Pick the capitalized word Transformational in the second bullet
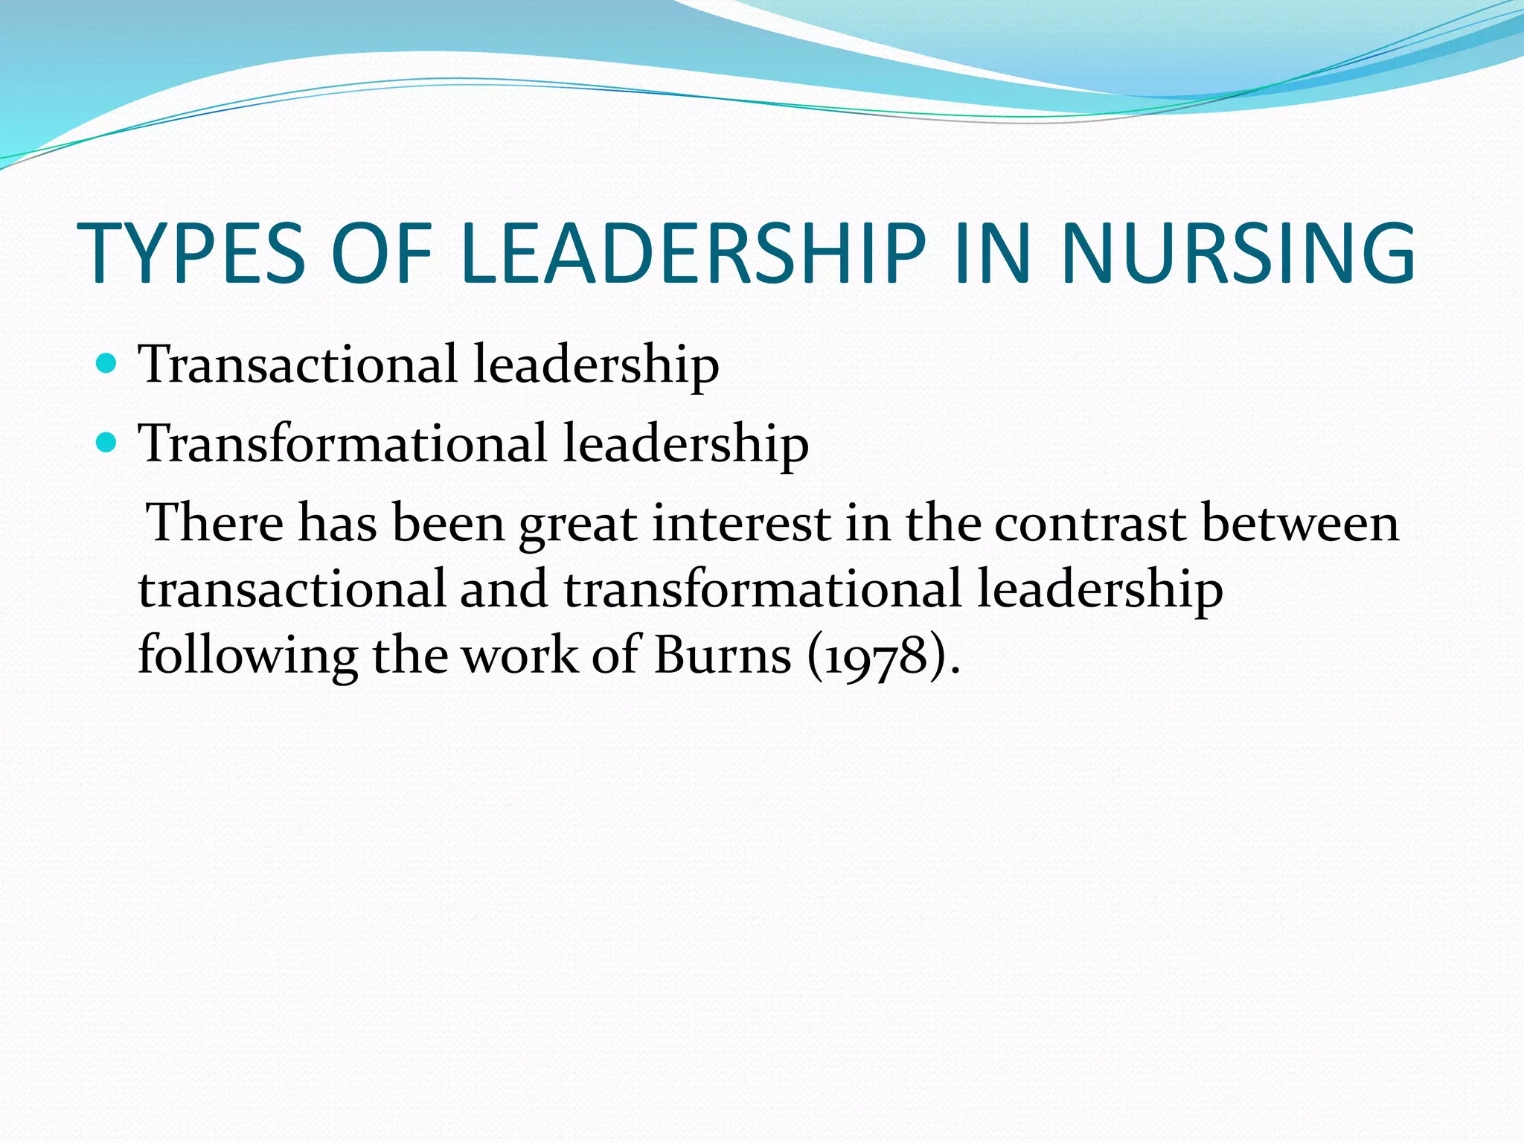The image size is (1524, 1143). [343, 444]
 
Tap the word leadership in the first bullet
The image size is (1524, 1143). [596, 365]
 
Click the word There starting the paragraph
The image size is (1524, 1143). [216, 523]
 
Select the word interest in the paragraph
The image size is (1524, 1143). [741, 523]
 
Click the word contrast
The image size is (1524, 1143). [1090, 523]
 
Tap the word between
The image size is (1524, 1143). [1300, 523]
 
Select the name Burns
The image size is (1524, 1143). [723, 656]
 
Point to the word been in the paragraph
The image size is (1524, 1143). [449, 523]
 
